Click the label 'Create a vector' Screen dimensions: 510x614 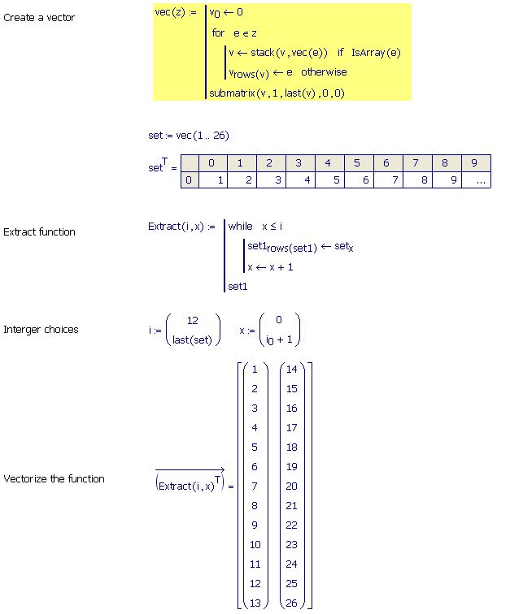pyautogui.click(x=39, y=18)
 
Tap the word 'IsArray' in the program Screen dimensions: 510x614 pyautogui.click(x=368, y=53)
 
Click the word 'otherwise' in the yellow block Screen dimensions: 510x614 pyautogui.click(x=324, y=72)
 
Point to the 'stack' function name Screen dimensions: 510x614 pyautogui.click(x=263, y=53)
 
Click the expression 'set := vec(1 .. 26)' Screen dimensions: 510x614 pyautogui.click(x=189, y=136)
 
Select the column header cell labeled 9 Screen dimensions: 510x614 pyautogui.click(x=476, y=163)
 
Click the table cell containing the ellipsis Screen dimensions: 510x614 pyautogui.click(x=476, y=179)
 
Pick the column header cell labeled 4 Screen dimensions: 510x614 pyautogui.click(x=329, y=163)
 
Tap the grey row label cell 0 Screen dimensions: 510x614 pyautogui.click(x=190, y=179)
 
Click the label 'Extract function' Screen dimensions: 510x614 pyautogui.click(x=39, y=231)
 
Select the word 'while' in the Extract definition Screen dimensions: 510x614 pyautogui.click(x=240, y=227)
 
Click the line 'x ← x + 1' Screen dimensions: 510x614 pyautogui.click(x=270, y=267)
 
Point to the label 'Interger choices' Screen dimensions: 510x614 pyautogui.click(x=41, y=330)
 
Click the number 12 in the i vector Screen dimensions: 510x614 pyautogui.click(x=192, y=321)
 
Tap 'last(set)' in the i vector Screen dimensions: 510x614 pyautogui.click(x=192, y=339)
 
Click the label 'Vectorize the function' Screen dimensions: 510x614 pyautogui.click(x=54, y=479)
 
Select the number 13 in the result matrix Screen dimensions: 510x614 pyautogui.click(x=255, y=603)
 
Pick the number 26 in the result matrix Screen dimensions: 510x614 pyautogui.click(x=291, y=603)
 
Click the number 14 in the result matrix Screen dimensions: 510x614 pyautogui.click(x=291, y=370)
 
